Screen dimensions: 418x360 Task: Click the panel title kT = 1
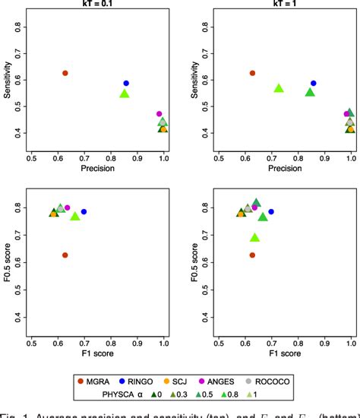(x=284, y=5)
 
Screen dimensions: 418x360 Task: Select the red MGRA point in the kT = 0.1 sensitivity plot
(x=65, y=73)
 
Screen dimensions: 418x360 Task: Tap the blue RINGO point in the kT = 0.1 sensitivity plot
(x=126, y=84)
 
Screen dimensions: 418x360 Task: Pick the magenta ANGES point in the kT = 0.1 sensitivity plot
(x=159, y=114)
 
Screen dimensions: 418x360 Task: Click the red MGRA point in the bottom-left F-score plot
(x=65, y=255)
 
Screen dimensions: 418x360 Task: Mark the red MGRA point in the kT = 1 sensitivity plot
(x=253, y=73)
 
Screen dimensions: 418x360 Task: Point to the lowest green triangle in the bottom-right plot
(x=255, y=238)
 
